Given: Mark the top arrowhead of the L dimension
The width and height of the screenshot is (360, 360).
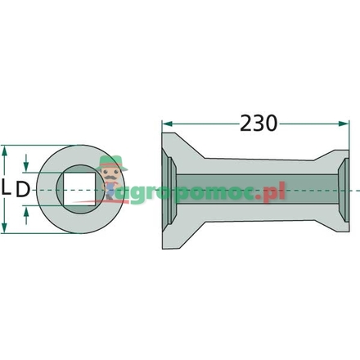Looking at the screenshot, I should coord(7,151).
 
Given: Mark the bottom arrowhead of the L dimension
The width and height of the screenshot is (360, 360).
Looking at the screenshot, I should coord(7,228).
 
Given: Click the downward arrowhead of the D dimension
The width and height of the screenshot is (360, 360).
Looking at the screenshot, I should coord(29,166).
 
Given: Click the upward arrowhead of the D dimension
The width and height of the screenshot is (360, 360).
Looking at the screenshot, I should coord(29,212).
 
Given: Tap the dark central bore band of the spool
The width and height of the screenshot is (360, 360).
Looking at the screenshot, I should coord(254,190).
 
